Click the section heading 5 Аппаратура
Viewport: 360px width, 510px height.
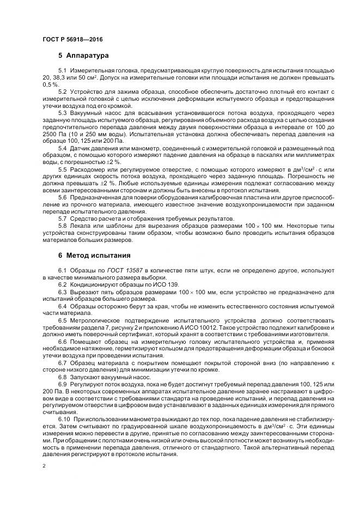click(83, 56)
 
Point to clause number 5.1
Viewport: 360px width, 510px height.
click(62, 72)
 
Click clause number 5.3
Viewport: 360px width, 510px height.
click(62, 112)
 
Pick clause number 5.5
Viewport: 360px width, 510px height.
click(62, 169)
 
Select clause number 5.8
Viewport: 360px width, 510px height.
click(62, 226)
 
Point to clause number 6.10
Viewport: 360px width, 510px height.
click(64, 418)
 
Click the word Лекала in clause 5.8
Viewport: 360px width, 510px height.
click(80, 226)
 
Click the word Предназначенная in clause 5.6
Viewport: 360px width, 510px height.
click(95, 197)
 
